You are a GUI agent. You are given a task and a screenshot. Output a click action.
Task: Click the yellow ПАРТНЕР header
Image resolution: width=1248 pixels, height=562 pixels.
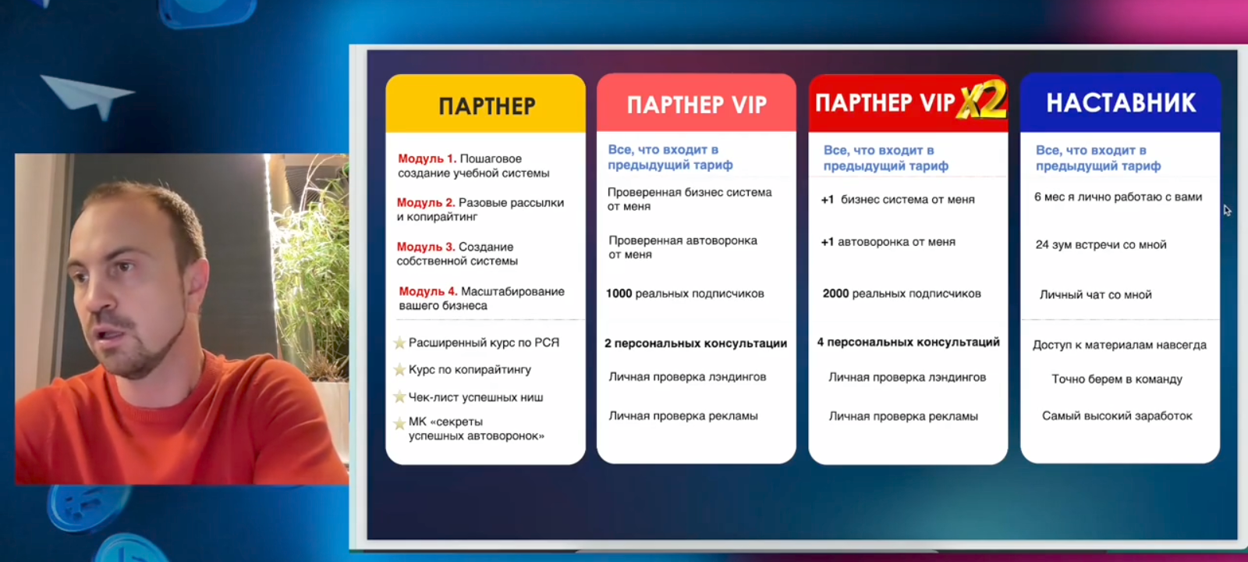[x=487, y=106]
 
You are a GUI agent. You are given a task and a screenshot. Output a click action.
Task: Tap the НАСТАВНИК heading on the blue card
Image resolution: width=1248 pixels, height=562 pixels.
[x=1121, y=103]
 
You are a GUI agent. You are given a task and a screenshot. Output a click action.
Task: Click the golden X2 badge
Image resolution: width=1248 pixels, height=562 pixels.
[x=982, y=101]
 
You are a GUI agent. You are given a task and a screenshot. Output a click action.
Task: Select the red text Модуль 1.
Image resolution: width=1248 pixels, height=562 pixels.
[x=427, y=159]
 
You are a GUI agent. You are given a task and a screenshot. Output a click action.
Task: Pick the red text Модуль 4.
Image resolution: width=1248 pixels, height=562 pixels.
[x=428, y=291]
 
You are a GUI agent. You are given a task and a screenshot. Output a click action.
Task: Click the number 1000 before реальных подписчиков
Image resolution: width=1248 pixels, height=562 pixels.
[x=619, y=293]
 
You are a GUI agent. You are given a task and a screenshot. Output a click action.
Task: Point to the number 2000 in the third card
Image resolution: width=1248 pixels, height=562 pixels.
[x=835, y=293]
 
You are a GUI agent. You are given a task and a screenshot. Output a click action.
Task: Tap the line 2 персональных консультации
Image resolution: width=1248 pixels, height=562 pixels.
[x=696, y=343]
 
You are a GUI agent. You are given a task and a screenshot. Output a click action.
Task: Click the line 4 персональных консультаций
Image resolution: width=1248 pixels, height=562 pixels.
[x=908, y=342]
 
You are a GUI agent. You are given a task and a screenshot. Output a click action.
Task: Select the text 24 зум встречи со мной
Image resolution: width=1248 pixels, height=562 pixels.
[x=1101, y=245]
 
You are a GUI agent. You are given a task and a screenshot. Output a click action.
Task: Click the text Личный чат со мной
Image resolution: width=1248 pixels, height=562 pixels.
[x=1095, y=294]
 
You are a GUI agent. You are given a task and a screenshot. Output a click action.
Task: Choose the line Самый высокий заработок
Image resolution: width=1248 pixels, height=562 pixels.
[x=1117, y=416]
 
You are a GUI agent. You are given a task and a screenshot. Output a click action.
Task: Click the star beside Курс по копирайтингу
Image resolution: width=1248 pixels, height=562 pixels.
[x=399, y=370]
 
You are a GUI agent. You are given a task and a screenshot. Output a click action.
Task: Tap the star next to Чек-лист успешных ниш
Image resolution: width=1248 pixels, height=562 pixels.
[x=399, y=397]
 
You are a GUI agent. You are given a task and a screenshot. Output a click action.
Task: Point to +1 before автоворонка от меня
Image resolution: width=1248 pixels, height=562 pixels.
[x=828, y=242]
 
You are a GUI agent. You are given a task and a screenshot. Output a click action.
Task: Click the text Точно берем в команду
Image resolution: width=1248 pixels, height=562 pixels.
[x=1116, y=379]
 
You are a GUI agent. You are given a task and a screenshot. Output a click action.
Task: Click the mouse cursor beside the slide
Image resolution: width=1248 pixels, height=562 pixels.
[x=1228, y=210]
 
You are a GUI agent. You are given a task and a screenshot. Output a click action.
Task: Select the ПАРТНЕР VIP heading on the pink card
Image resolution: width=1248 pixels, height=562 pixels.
[x=697, y=105]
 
